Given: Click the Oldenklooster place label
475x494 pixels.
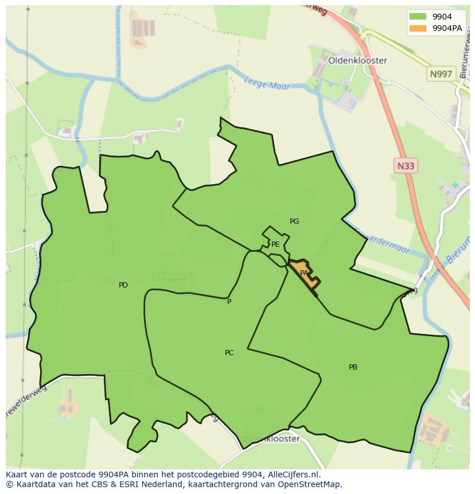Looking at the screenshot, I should point(357,60).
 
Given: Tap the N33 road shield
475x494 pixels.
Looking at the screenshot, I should point(406,166).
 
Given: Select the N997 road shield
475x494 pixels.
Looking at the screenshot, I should point(441,74).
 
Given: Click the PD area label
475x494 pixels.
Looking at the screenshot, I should point(123,285).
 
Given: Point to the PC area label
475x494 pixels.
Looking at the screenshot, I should point(229,353).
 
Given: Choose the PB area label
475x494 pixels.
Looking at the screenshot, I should point(353,367).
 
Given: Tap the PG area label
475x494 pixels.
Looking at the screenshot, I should point(294,221).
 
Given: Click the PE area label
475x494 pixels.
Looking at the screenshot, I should point(275,244).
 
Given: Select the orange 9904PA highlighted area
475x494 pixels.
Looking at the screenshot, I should point(305,274).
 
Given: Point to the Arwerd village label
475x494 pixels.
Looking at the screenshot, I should point(172,280).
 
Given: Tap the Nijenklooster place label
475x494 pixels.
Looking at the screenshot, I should point(272,439).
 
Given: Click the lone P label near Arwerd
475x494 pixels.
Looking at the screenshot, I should point(229,302).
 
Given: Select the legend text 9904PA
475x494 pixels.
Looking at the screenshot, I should point(447,28).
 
